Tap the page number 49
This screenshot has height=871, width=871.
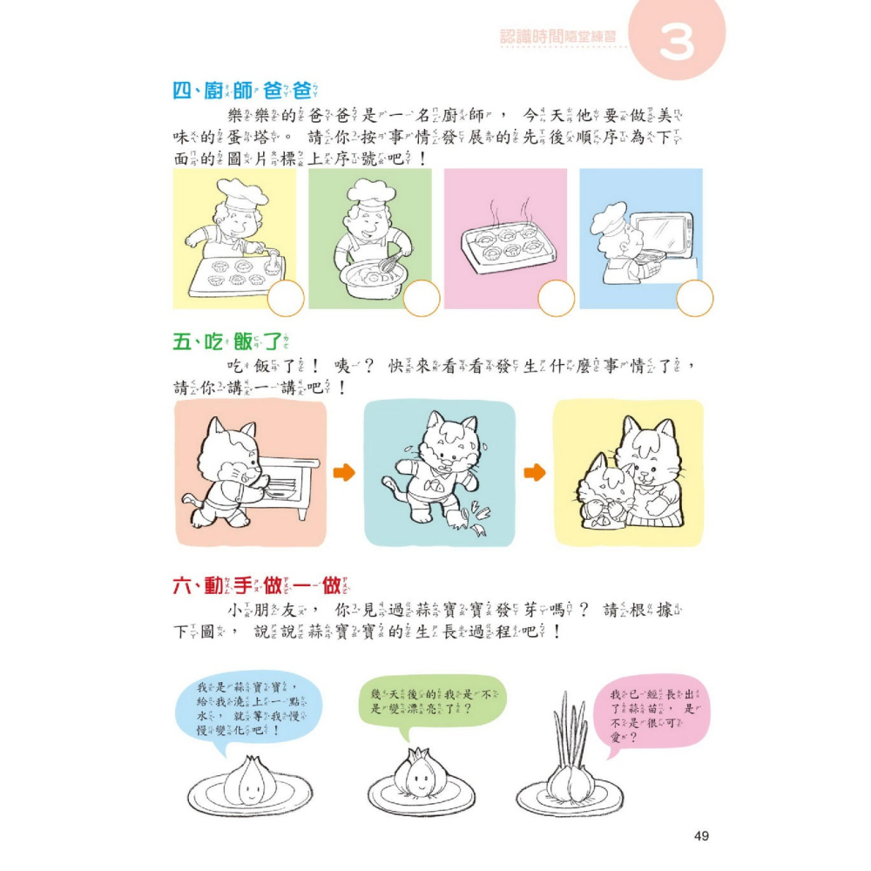coord(701,836)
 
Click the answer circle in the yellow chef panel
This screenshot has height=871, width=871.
coord(286,300)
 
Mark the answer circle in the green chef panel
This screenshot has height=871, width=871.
coord(422,300)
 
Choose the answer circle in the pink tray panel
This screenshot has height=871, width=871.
coord(556,300)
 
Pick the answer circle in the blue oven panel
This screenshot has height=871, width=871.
coord(695,300)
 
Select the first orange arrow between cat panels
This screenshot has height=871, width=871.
coord(346,472)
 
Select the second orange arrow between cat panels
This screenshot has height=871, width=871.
coord(535,472)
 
